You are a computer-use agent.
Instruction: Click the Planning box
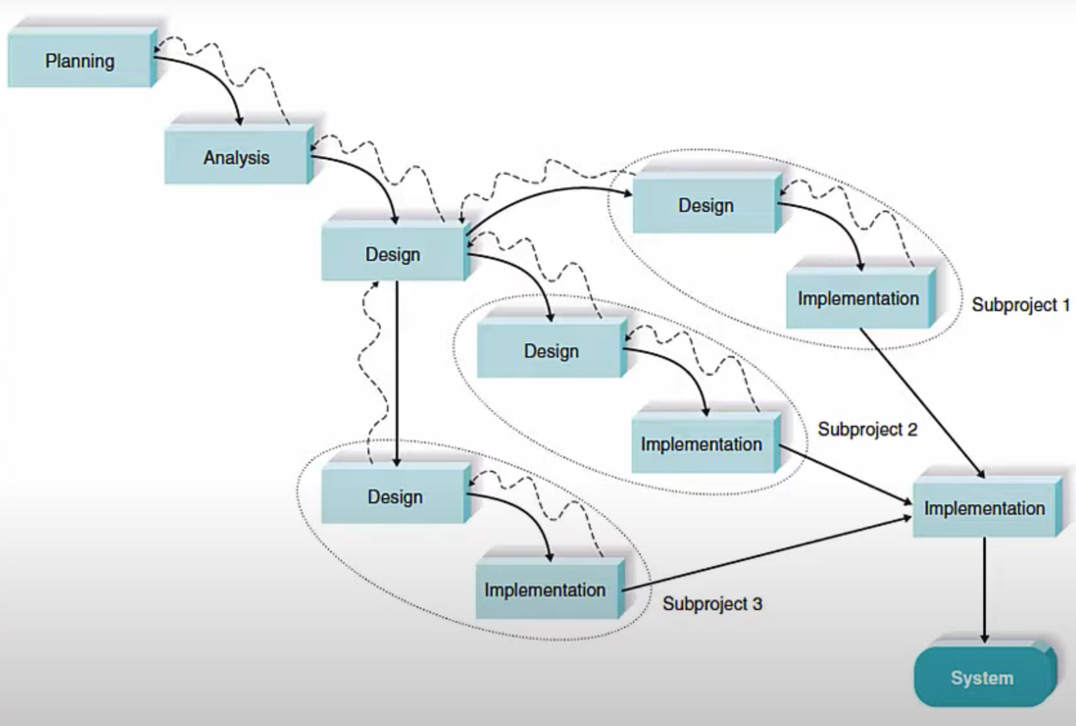[80, 61]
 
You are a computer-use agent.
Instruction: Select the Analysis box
[236, 158]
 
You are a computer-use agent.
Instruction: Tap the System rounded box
[982, 678]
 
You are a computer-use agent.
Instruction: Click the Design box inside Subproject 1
[706, 205]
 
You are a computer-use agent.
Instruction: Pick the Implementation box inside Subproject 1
[858, 299]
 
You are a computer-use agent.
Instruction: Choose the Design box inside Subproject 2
[551, 351]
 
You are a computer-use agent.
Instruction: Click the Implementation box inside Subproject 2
[701, 444]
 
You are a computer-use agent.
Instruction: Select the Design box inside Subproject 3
[395, 497]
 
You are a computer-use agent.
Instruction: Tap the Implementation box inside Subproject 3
[545, 590]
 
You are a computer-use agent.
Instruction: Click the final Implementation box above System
[985, 508]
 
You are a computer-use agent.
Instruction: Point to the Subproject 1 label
[1021, 305]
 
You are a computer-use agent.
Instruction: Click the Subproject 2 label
[867, 430]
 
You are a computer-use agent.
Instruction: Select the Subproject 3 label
[712, 604]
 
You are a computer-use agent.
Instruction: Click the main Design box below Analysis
[393, 254]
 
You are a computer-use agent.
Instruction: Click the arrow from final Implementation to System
[984, 589]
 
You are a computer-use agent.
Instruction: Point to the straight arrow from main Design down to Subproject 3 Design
[397, 374]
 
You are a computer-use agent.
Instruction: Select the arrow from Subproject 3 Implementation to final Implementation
[766, 554]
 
